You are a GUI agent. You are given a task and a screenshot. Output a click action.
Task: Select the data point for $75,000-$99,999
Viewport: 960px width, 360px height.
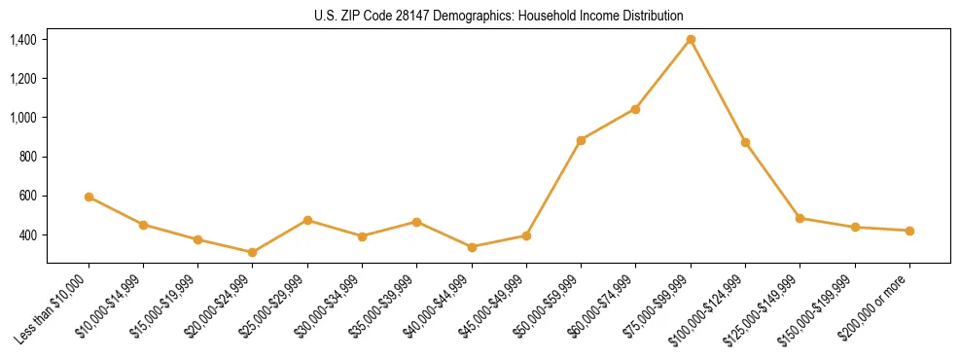(691, 39)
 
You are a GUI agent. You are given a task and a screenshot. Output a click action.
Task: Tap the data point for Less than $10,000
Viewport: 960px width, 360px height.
(89, 197)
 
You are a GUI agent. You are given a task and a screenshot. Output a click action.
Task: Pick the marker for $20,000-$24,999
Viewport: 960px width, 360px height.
(253, 252)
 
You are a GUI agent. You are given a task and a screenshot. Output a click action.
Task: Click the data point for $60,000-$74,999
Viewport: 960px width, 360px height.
(636, 109)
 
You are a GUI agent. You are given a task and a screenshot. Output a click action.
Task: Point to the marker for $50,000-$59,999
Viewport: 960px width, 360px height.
(581, 140)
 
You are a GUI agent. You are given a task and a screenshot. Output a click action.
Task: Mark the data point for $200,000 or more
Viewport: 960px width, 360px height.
(909, 231)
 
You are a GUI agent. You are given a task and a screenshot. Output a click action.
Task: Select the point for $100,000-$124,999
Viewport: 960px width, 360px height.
(745, 142)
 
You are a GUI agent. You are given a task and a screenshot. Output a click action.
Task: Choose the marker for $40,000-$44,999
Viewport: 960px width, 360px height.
(472, 247)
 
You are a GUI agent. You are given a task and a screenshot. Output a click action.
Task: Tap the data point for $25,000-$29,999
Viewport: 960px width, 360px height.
(307, 220)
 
